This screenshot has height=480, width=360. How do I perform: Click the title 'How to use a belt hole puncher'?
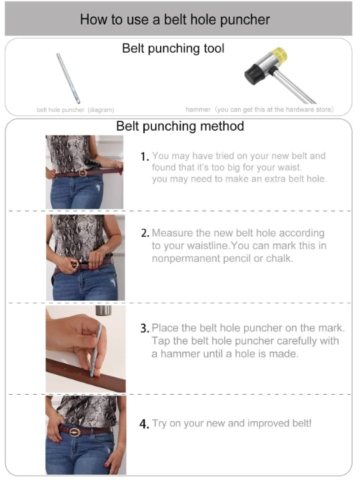tap(175, 19)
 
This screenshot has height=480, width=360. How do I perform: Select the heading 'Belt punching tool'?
tap(173, 48)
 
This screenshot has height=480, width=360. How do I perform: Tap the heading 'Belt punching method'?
tap(180, 126)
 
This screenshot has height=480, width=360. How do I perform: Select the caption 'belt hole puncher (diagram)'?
tap(75, 109)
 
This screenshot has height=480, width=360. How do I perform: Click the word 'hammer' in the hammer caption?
tap(198, 109)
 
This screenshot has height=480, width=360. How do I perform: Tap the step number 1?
tap(145, 157)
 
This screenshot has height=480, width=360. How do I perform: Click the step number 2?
tap(145, 234)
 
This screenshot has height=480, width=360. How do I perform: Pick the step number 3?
tap(145, 329)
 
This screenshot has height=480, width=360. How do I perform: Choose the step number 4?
tap(145, 424)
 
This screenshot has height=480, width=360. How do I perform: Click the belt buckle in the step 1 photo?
tap(82, 173)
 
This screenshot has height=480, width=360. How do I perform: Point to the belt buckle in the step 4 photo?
tap(75, 432)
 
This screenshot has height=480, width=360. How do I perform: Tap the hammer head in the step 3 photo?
tap(103, 311)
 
